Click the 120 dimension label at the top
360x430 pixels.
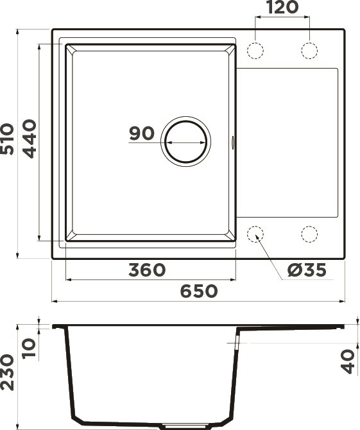(x=282, y=8)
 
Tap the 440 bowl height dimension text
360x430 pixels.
(x=30, y=139)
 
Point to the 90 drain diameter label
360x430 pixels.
(x=141, y=133)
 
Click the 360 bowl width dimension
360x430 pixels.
(x=147, y=270)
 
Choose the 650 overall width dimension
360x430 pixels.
(x=198, y=291)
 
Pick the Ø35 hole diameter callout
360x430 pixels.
(x=307, y=270)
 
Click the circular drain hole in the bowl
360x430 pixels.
(x=185, y=141)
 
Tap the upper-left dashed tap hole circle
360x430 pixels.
(x=256, y=50)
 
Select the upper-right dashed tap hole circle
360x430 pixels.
(x=309, y=50)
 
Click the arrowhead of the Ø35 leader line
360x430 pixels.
(x=258, y=237)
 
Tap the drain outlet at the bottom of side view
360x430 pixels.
(x=187, y=425)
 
